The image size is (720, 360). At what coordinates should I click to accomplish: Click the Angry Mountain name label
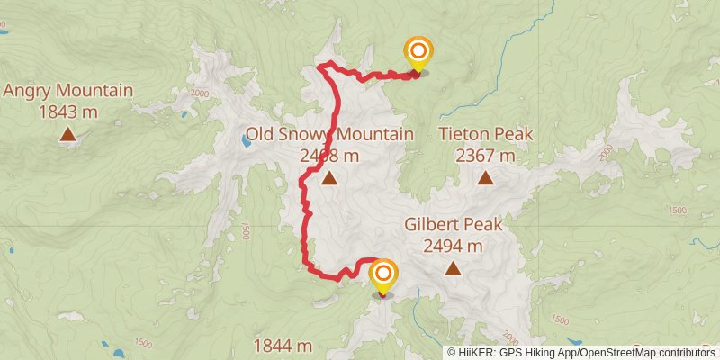68,91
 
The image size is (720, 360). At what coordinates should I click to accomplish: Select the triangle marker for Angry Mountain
67,135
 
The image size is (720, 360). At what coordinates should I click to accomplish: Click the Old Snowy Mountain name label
329,135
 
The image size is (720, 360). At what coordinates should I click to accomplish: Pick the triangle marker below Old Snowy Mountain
330,178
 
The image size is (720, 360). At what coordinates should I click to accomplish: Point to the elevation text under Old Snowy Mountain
329,156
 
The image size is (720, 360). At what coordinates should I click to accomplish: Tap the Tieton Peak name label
486,135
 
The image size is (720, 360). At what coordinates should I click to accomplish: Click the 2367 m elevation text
486,156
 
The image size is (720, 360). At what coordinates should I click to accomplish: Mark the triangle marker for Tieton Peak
486,178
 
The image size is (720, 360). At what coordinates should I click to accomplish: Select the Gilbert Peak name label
453,224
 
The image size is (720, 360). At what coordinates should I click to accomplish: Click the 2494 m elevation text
453,245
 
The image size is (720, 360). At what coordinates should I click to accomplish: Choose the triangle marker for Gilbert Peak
453,268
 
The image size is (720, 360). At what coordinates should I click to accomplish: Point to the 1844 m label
283,346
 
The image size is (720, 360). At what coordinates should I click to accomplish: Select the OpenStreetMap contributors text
646,352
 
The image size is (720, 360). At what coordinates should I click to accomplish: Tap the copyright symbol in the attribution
453,352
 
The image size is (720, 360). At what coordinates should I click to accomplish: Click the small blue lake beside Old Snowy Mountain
246,141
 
